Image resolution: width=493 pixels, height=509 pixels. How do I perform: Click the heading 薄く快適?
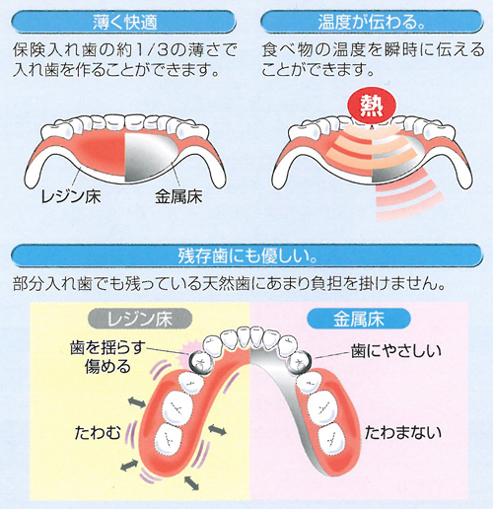pyautogui.click(x=124, y=23)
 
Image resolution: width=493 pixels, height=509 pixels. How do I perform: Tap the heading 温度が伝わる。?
pyautogui.click(x=372, y=23)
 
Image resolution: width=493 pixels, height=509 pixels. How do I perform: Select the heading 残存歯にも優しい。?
pyautogui.click(x=247, y=255)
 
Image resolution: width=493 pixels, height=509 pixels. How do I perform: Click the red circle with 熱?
pyautogui.click(x=372, y=106)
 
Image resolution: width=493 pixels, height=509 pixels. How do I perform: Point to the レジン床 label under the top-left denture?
pyautogui.click(x=70, y=196)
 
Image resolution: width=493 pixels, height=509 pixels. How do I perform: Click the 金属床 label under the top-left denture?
pyautogui.click(x=178, y=196)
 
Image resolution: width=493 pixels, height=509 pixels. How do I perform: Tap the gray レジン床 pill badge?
pyautogui.click(x=140, y=319)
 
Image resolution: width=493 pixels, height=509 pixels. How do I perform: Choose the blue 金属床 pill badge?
pyautogui.click(x=359, y=319)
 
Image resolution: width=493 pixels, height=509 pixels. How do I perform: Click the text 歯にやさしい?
pyautogui.click(x=396, y=351)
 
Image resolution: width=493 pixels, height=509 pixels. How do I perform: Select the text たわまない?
pyautogui.click(x=403, y=432)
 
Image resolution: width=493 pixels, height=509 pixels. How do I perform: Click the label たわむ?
pyautogui.click(x=98, y=432)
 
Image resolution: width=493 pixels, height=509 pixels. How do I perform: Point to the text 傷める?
pyautogui.click(x=107, y=366)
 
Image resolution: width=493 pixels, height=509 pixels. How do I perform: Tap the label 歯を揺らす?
pyautogui.click(x=107, y=348)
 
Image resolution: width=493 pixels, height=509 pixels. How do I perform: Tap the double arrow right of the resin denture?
pyautogui.click(x=217, y=430)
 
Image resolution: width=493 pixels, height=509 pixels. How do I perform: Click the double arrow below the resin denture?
pyautogui.click(x=191, y=482)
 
